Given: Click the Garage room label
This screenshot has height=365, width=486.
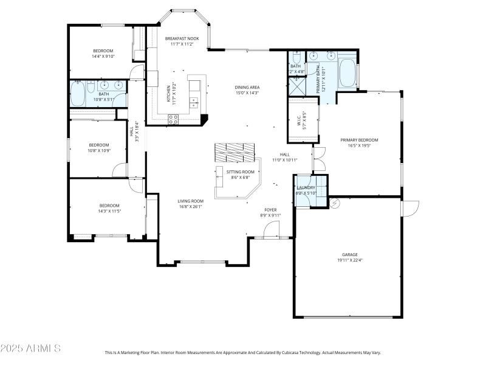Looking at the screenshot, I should [x=349, y=254].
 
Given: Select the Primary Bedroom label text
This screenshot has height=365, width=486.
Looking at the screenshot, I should [x=359, y=140].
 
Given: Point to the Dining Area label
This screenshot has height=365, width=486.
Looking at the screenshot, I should [x=247, y=87].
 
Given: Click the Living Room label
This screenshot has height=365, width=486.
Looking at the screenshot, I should [x=190, y=201].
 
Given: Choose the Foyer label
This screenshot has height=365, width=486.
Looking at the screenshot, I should [x=270, y=209].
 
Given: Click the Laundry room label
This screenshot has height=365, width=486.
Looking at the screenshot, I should [x=305, y=187].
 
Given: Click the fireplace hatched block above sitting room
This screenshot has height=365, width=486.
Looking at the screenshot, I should [x=235, y=152].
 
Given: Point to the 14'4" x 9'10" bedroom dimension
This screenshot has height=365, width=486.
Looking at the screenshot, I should [x=103, y=56].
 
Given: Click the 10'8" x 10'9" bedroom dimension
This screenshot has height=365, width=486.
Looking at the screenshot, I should [x=100, y=150].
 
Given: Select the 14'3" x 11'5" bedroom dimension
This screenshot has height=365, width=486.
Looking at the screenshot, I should [x=109, y=210].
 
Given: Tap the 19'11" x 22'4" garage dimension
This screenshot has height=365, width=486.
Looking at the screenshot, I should [x=349, y=260].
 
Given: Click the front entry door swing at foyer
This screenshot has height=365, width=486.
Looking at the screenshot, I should [x=271, y=230].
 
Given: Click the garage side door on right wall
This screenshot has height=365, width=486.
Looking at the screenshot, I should [x=409, y=209].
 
